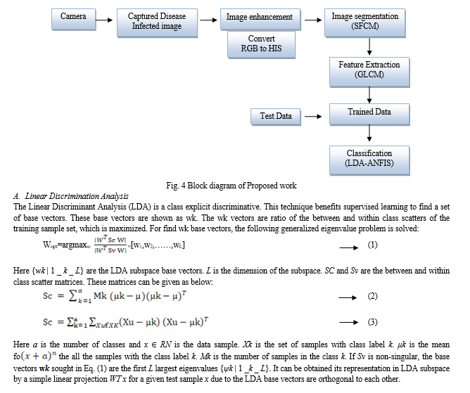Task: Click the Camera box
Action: pos(74,20)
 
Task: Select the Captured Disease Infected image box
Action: pos(157,22)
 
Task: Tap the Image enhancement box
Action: pos(260,20)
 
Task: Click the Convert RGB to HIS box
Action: pos(261,44)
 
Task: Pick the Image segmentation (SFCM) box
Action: pos(364,22)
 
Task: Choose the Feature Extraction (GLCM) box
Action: pos(369,72)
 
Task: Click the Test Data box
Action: pos(276,117)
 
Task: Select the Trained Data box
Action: pos(369,114)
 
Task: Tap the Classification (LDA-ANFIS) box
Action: pos(369,160)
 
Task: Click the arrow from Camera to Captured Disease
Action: pos(104,20)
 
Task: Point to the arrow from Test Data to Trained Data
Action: pos(313,116)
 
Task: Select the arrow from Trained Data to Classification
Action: pos(369,133)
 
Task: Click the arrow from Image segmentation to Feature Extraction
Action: pos(369,46)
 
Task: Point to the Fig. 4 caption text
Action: pos(231,186)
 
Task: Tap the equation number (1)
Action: pos(373,245)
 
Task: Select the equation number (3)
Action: pos(373,322)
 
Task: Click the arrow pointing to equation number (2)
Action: pos(348,297)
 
